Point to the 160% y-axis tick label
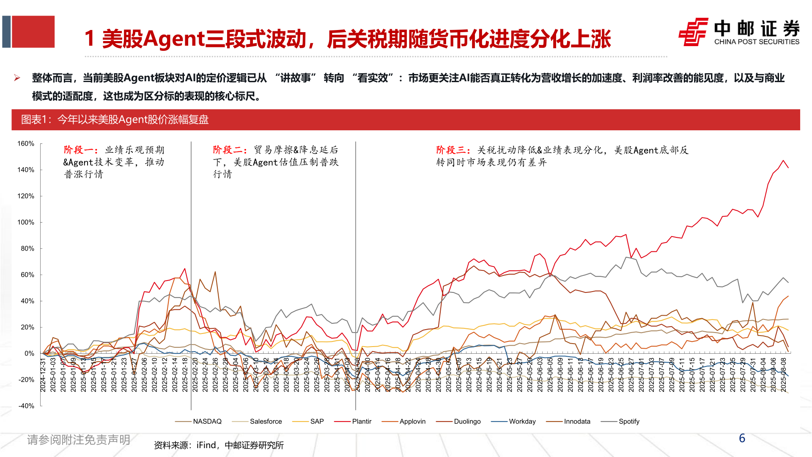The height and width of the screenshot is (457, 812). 26,144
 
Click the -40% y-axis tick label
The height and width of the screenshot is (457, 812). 26,406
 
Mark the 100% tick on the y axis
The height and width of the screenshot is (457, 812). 26,223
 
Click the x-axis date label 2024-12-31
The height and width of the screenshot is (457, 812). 43,375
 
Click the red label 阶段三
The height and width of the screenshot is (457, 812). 451,150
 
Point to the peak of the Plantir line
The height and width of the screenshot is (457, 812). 783,160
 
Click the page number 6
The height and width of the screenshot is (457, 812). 742,438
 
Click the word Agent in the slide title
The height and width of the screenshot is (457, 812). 174,39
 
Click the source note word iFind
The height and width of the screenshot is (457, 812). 206,445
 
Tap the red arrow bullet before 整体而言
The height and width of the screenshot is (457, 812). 17,78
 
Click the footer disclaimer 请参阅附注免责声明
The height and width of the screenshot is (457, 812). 79,440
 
